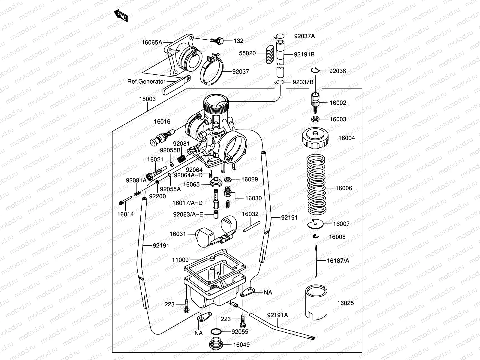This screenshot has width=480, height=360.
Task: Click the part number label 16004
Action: (346, 138)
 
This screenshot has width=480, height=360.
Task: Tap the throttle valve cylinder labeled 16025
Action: (316, 301)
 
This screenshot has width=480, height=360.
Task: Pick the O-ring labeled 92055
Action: (216, 332)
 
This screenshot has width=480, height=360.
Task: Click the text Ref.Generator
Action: (146, 81)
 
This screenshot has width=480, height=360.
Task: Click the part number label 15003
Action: (147, 99)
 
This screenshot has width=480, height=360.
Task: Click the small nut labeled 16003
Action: (315, 119)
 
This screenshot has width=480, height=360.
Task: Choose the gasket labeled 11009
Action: (216, 264)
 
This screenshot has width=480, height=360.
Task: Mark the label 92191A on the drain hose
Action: (277, 315)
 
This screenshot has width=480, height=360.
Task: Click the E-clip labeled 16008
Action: (316, 237)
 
